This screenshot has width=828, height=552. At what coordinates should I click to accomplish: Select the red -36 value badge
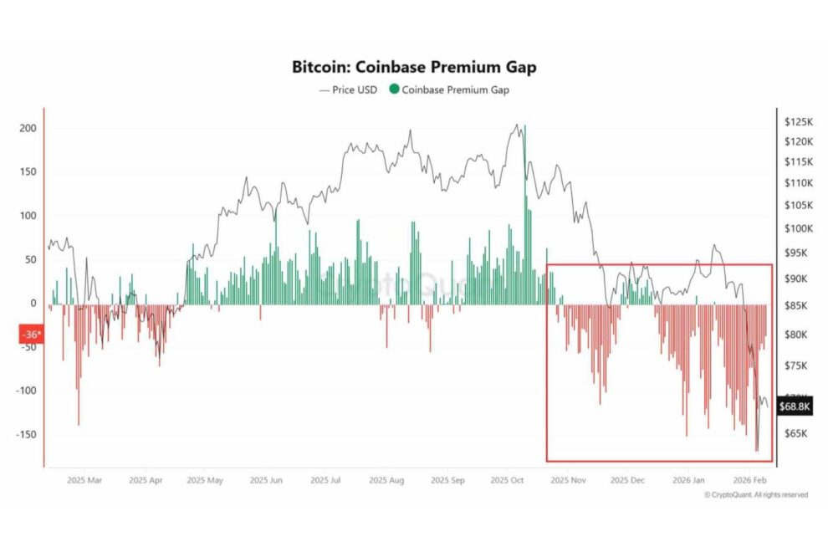pos(32,334)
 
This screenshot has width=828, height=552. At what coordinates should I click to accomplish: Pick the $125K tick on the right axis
pos(799,122)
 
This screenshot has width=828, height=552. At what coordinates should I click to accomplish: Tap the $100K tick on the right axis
pos(799,228)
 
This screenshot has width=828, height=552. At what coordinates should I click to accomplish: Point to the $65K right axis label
pos(797,434)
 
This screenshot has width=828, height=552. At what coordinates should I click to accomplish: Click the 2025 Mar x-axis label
pos(85,481)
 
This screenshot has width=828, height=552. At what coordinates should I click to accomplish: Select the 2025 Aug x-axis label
pos(386,481)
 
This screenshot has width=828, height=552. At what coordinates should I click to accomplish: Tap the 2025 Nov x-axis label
pos(569,481)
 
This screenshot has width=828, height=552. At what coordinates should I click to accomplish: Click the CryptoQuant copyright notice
pos(756,495)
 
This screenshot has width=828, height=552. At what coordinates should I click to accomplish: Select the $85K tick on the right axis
pos(797,306)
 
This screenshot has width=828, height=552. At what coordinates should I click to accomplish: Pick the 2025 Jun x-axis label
pos(266,481)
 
